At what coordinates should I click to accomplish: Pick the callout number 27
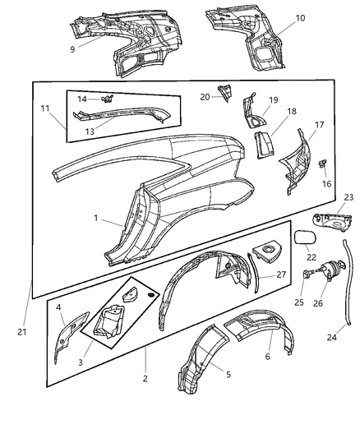280,275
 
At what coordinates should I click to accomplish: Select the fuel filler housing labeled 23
330,222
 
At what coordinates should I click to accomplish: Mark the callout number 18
290,112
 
